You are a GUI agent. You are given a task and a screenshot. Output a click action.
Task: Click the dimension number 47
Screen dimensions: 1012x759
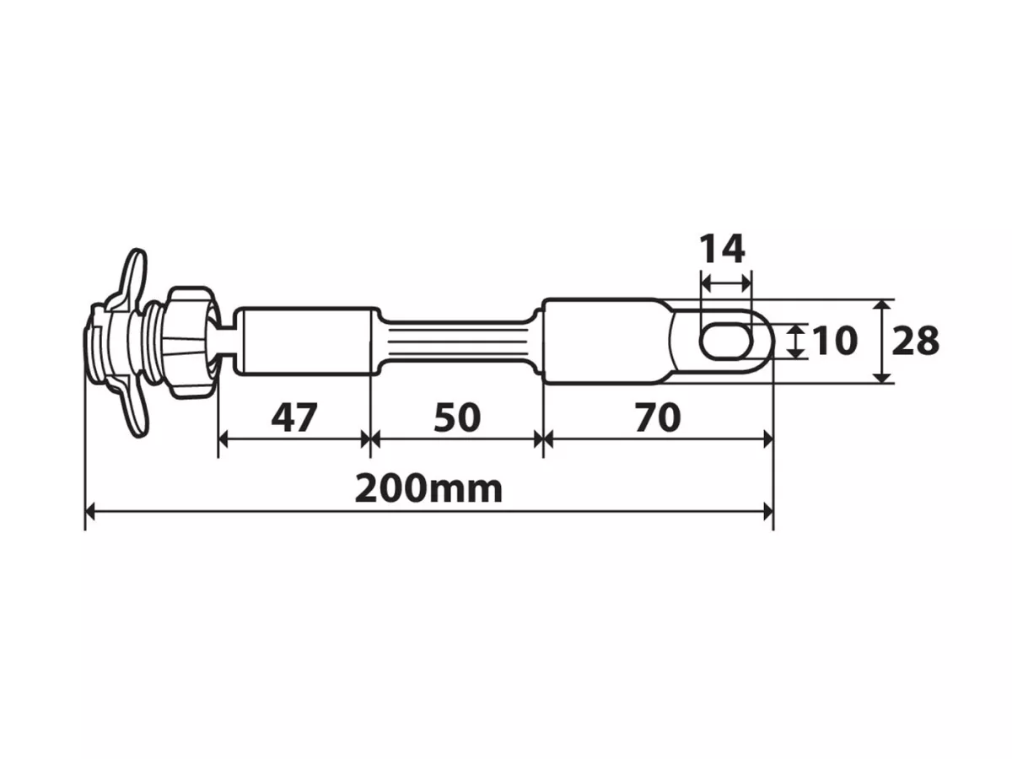pyautogui.click(x=293, y=417)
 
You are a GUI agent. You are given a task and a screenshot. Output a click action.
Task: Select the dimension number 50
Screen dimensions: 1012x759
pyautogui.click(x=457, y=417)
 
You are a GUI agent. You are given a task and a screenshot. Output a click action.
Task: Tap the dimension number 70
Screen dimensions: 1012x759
pyautogui.click(x=658, y=417)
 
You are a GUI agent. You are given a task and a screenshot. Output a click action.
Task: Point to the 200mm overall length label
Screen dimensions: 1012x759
pyautogui.click(x=428, y=489)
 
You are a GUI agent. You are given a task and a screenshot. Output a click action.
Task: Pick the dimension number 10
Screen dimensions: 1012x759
pyautogui.click(x=834, y=341)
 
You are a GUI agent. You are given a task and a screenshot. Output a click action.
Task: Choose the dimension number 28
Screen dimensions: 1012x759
pyautogui.click(x=915, y=341)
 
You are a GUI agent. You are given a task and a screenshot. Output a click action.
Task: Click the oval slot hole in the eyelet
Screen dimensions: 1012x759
pyautogui.click(x=726, y=341)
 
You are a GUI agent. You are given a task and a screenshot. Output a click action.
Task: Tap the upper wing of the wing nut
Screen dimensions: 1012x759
pyautogui.click(x=134, y=277)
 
